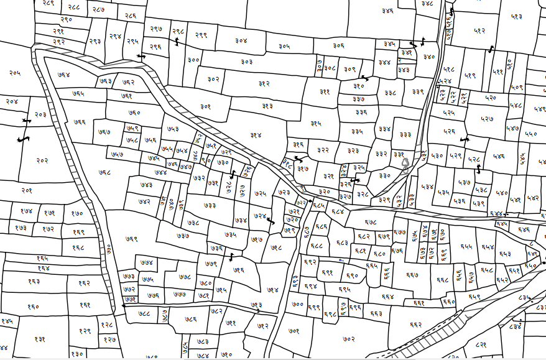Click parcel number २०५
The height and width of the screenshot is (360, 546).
tap(14, 73)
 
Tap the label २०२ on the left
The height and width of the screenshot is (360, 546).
tap(42, 160)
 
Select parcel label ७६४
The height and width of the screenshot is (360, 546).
tap(63, 75)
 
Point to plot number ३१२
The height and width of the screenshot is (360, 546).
tap(264, 83)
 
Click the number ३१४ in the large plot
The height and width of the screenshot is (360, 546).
tap(256, 135)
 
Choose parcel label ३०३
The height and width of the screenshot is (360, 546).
tap(247, 62)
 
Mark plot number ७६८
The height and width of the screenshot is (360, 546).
tap(104, 172)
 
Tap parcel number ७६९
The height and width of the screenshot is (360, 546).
tap(131, 239)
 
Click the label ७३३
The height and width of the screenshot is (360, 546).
tap(210, 205)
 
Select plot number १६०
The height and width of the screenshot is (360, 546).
tap(33, 306)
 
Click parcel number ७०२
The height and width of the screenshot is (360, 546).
tap(348, 339)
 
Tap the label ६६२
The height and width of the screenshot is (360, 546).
tap(416, 325)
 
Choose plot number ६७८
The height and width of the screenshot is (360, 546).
tap(371, 222)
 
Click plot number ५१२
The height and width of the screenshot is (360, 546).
tap(479, 30)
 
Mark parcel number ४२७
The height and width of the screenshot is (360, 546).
tap(487, 118)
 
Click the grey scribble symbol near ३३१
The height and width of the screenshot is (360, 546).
tap(405, 164)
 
